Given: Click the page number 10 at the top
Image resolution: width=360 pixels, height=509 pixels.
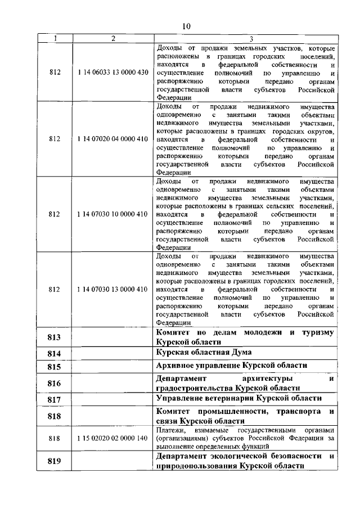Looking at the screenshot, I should click(x=186, y=25).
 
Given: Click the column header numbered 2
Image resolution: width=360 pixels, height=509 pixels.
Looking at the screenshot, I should click(x=113, y=38).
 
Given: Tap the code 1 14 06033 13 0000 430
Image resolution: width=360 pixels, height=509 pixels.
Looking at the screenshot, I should click(x=113, y=72).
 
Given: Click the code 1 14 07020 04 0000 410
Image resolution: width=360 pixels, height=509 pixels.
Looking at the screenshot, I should click(x=113, y=139).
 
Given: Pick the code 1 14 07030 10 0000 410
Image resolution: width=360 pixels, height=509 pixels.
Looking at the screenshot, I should click(x=113, y=214).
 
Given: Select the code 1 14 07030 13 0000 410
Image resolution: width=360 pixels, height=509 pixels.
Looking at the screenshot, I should click(x=113, y=289).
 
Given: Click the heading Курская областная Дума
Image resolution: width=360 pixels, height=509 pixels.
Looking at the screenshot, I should click(x=208, y=353).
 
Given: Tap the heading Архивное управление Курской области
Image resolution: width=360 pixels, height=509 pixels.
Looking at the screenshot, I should click(x=231, y=366).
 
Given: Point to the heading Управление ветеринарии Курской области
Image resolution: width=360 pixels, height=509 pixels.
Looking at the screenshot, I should click(x=238, y=398).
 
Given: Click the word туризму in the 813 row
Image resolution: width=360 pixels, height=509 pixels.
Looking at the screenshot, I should click(x=318, y=332).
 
